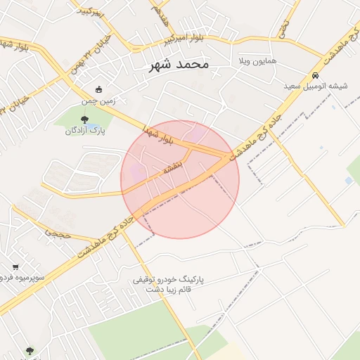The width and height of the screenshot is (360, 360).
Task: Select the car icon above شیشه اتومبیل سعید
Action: pos(315,75)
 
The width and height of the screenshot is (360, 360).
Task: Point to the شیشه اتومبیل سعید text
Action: pos(316,86)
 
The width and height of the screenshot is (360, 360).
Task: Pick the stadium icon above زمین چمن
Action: pos(98,90)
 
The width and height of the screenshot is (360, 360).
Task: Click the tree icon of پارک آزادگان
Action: pos(85,120)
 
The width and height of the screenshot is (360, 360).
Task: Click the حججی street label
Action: pos(58,231)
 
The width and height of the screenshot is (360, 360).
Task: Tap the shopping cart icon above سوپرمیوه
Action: pos(15,267)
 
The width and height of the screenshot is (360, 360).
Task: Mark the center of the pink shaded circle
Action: pos(180,179)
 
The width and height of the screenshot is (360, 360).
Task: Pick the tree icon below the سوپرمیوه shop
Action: pos(30,350)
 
